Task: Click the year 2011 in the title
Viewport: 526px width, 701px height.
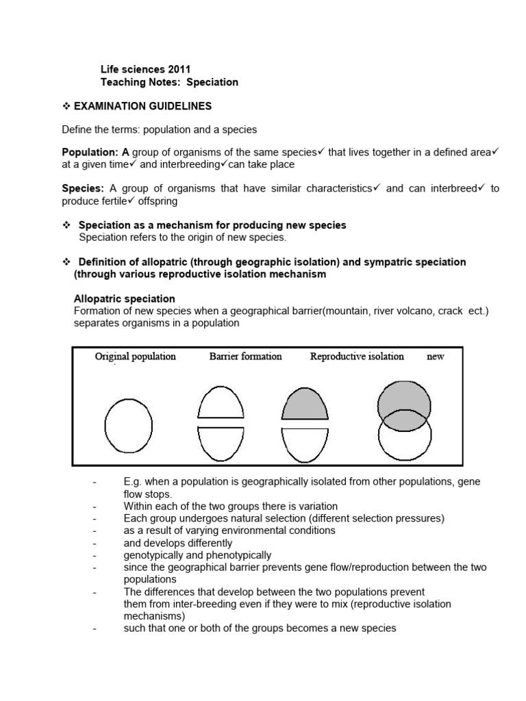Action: [178, 69]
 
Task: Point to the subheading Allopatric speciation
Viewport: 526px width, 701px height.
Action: [124, 299]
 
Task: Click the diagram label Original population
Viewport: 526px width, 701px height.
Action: [135, 357]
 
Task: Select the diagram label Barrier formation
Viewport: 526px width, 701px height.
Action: [245, 357]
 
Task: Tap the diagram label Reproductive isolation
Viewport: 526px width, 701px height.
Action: [357, 357]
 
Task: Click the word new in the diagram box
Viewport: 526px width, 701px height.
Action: [435, 357]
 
